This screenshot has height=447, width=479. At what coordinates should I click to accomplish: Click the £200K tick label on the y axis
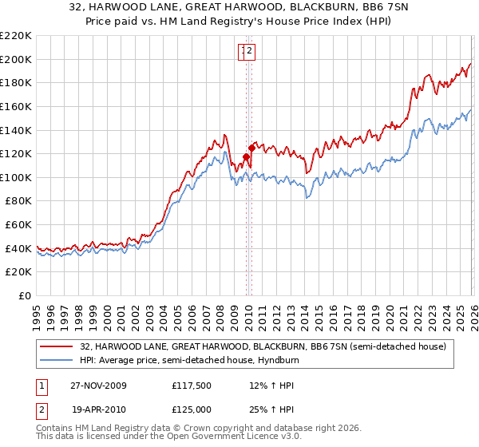[16, 59]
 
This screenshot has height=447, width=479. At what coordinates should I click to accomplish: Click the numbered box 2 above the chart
[249, 52]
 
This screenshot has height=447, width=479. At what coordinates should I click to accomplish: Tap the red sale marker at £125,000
[251, 148]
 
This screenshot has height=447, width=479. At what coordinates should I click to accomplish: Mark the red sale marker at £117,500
[246, 156]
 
